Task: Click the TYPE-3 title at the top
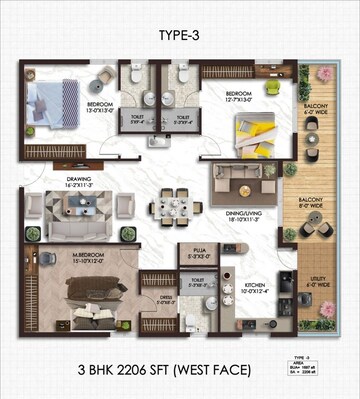tap(179, 35)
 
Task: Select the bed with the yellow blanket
tap(252, 130)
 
